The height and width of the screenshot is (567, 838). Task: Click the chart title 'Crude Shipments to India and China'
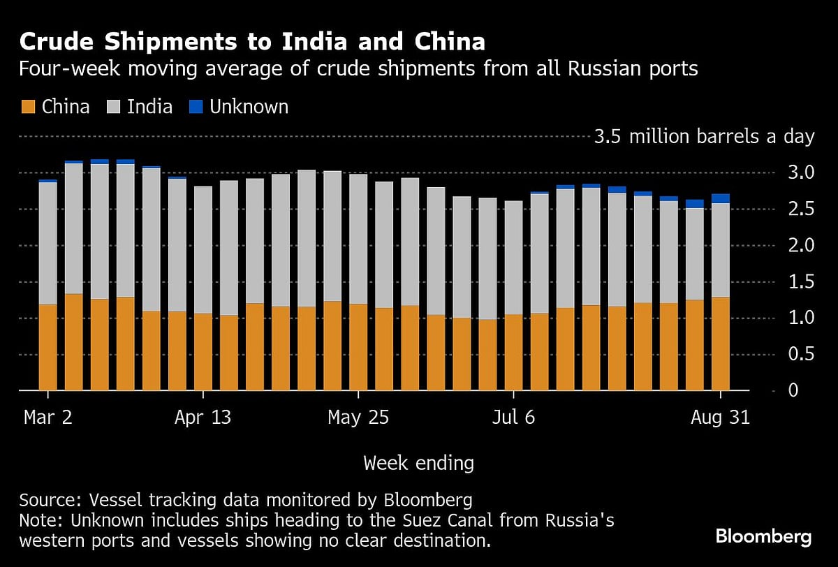[252, 42]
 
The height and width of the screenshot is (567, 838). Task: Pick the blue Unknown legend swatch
[196, 107]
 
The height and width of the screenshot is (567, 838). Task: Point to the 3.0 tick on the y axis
[796, 172]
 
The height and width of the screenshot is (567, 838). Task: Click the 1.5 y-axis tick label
[796, 281]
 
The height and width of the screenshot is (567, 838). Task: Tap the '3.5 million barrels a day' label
[704, 136]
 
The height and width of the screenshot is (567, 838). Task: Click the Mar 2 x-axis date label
[47, 418]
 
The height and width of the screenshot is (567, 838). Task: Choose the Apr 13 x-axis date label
[203, 418]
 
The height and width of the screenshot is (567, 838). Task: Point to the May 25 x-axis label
[358, 418]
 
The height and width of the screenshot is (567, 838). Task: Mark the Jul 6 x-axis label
[514, 418]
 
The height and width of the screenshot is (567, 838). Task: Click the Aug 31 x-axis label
[720, 418]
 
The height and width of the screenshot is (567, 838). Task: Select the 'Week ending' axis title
[419, 462]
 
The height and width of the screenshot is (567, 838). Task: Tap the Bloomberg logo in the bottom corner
[763, 536]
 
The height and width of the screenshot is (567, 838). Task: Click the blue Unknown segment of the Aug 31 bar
[721, 198]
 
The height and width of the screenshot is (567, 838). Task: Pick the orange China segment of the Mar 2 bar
[47, 347]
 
